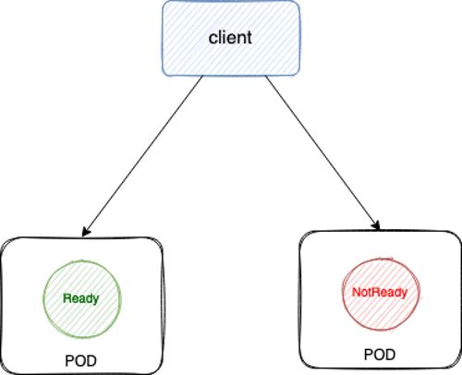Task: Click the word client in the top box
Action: (x=230, y=38)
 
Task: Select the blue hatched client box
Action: (x=231, y=38)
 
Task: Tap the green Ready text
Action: (x=81, y=298)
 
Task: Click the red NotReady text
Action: (x=380, y=292)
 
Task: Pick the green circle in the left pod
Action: (x=43, y=298)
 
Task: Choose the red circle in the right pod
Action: (x=343, y=293)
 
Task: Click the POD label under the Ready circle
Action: (x=80, y=360)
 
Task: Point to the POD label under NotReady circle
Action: (x=380, y=355)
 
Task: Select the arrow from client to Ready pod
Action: (x=142, y=156)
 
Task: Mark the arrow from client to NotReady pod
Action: (x=322, y=152)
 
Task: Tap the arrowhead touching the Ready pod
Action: (x=86, y=232)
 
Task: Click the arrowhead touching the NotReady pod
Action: (x=376, y=225)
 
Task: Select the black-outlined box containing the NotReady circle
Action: (x=299, y=299)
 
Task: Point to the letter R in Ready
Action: (x=67, y=297)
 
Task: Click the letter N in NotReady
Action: (x=357, y=292)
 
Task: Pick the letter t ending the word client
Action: (x=249, y=38)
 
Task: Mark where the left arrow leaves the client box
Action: (x=203, y=76)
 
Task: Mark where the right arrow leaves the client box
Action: (x=265, y=76)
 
